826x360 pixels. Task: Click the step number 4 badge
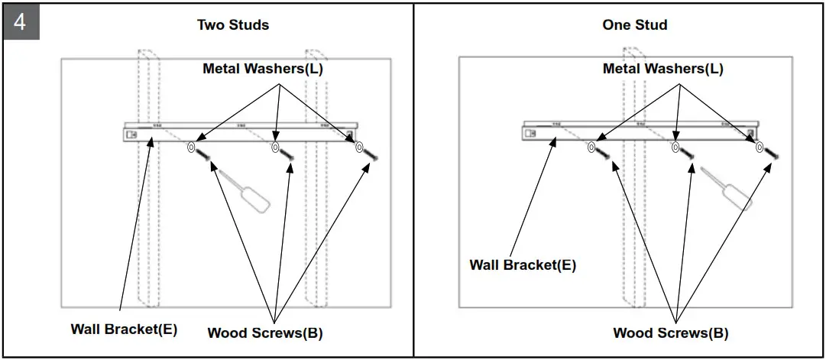coord(20,21)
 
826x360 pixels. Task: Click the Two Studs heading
coord(233,24)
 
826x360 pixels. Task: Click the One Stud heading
coord(634,24)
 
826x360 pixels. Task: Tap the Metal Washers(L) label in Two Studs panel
coord(262,69)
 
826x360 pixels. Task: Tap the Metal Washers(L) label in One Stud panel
coord(662,69)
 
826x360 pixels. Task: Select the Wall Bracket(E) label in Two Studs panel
coord(124,329)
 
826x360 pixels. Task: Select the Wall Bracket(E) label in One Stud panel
coord(523,265)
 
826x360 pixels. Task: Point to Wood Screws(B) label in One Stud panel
coord(670,332)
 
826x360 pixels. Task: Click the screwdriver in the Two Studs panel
coord(246,192)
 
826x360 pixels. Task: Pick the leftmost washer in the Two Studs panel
coord(192,148)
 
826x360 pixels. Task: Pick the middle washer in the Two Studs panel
coord(276,148)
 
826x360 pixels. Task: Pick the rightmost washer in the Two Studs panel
coord(360,148)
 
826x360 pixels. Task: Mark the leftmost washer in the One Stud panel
coord(591,148)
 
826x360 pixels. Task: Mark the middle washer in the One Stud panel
coord(675,148)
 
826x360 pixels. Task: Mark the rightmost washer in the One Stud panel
coord(760,148)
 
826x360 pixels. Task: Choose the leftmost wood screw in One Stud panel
coord(603,155)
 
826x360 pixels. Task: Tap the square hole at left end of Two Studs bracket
coord(131,135)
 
